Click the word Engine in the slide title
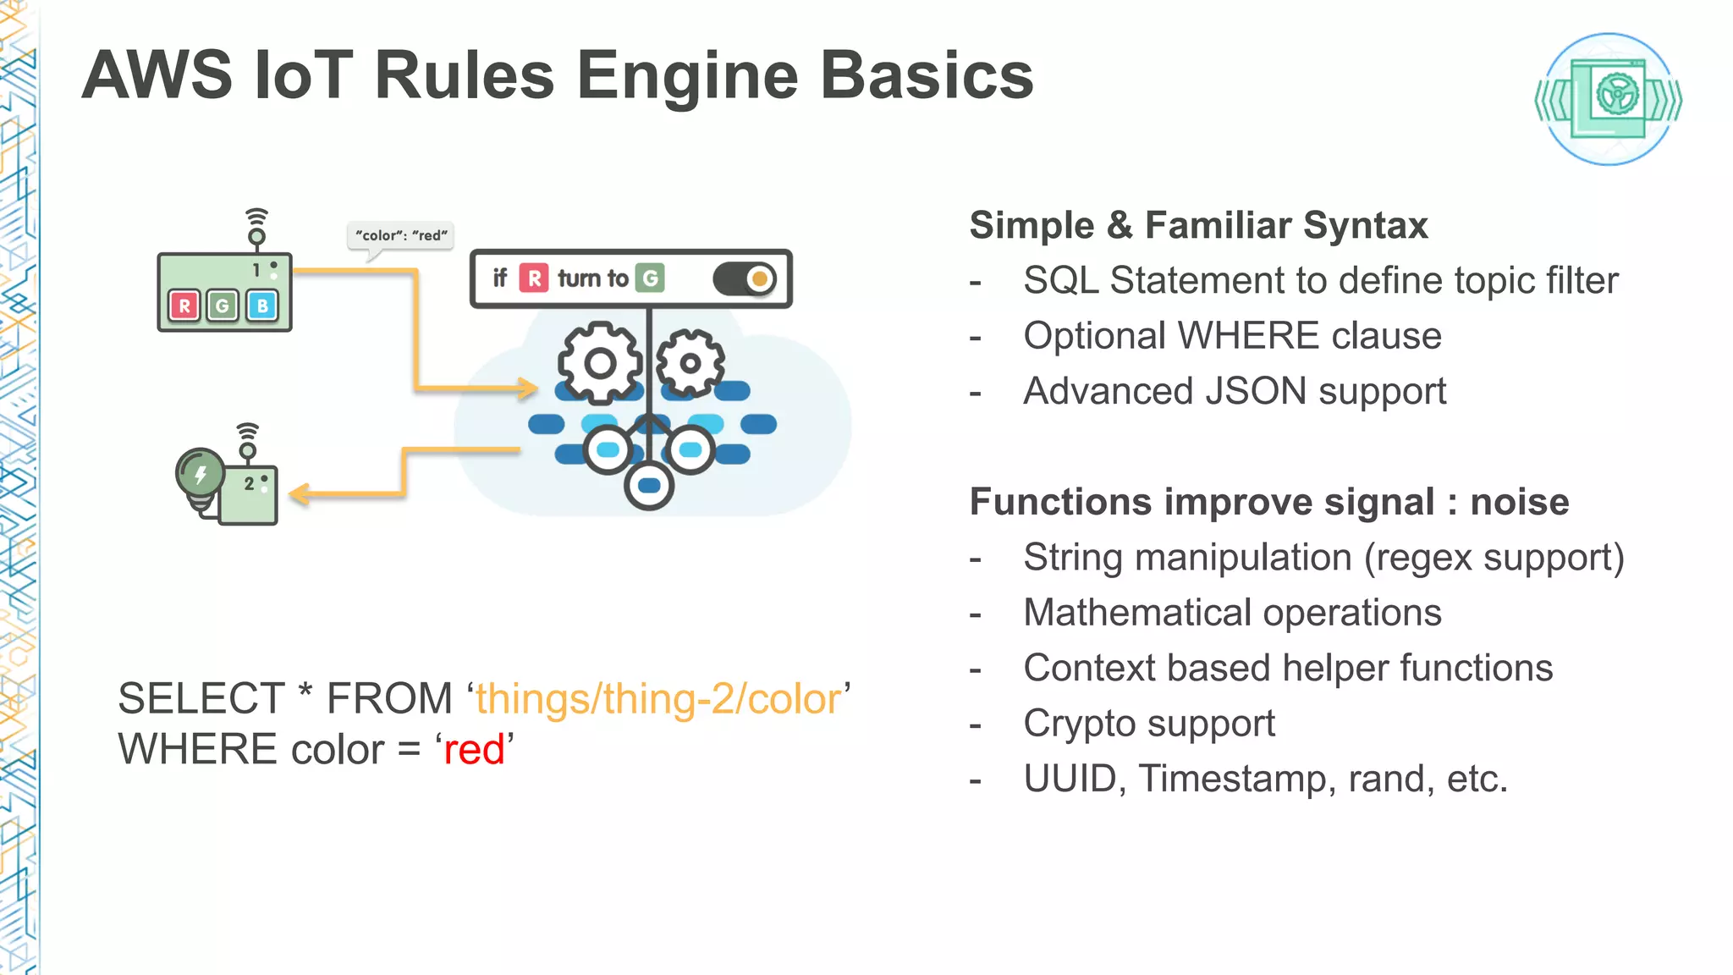point(687,76)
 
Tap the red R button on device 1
point(184,306)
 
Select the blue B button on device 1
point(262,306)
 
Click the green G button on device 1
point(223,306)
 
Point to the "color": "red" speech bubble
point(401,235)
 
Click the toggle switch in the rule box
point(745,278)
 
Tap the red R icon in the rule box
point(534,278)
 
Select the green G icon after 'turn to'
point(650,278)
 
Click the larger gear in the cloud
point(600,363)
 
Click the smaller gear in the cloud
point(690,363)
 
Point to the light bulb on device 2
point(200,474)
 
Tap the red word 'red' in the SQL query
point(474,750)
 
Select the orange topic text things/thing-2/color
point(658,699)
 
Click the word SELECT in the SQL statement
point(201,699)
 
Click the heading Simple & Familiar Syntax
point(1198,226)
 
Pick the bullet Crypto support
point(1148,724)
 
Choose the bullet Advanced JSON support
point(1234,392)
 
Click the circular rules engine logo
point(1608,99)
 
